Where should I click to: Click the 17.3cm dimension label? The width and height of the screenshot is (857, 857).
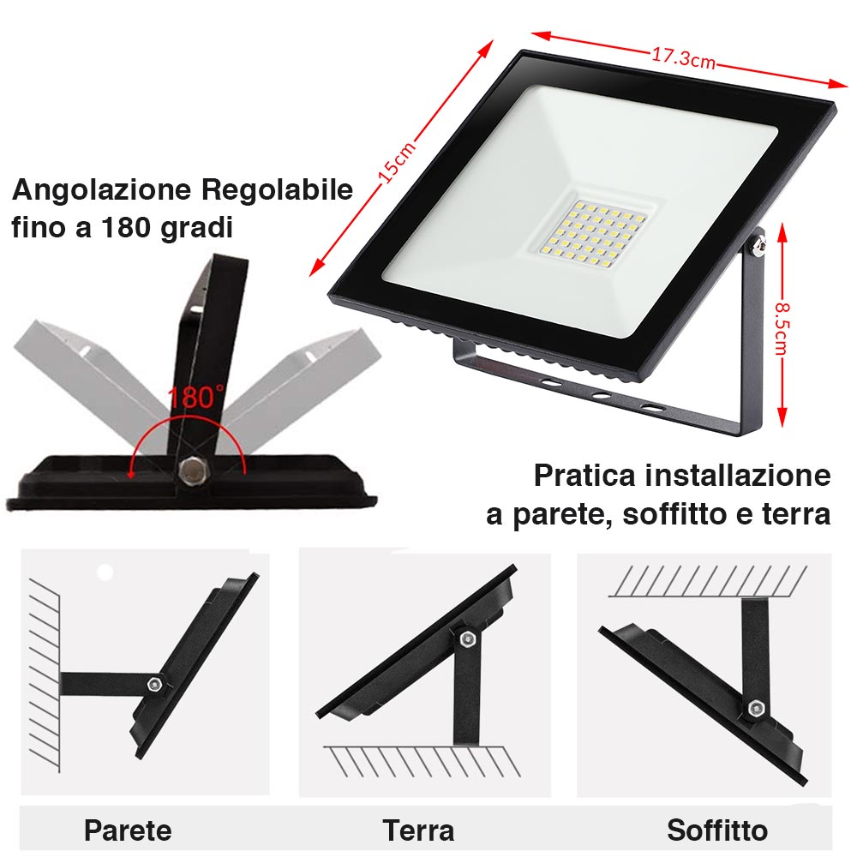pyautogui.click(x=683, y=59)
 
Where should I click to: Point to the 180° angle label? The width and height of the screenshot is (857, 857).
pyautogui.click(x=196, y=398)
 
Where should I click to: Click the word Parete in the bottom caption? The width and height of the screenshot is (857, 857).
pyautogui.click(x=128, y=830)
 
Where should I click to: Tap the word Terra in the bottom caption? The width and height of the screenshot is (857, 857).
pyautogui.click(x=418, y=830)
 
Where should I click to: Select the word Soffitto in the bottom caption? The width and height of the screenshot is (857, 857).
pyautogui.click(x=717, y=830)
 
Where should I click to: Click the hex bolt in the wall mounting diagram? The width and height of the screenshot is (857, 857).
pyautogui.click(x=154, y=684)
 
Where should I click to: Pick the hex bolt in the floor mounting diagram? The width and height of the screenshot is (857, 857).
pyautogui.click(x=466, y=639)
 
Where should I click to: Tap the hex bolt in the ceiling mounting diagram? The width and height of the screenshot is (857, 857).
pyautogui.click(x=756, y=709)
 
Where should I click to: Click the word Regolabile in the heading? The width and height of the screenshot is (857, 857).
pyautogui.click(x=277, y=189)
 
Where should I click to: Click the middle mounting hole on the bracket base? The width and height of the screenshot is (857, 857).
pyautogui.click(x=602, y=396)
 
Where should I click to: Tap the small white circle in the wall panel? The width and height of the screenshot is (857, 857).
pyautogui.click(x=105, y=572)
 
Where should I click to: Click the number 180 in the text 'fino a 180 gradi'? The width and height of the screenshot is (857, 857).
pyautogui.click(x=129, y=228)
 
